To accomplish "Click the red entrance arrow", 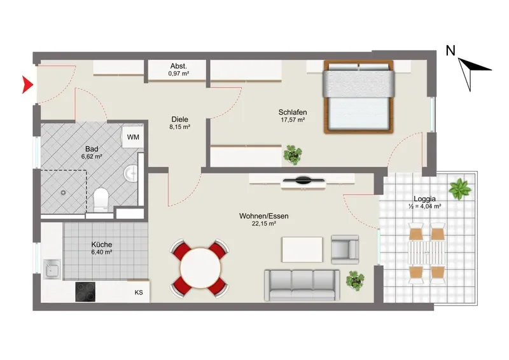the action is pos(27,85).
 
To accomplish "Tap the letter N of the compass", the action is pos(450,51).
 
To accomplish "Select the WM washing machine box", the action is pos(133,137).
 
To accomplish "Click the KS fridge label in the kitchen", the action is pos(139,293).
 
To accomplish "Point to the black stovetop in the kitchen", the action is pos(85,291).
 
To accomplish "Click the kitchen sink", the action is pos(52,270).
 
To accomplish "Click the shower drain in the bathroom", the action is pos(63,193).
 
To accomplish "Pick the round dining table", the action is pos(200,268).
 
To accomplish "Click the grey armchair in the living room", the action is pos(345,249).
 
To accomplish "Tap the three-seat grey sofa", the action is pos(302,285).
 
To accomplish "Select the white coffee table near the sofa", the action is pos(302,249).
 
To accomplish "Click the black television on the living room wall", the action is pos(303,180).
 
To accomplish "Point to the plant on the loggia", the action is pos(460,188).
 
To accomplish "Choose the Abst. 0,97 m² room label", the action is pos(179,69).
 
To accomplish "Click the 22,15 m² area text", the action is pos(263,223).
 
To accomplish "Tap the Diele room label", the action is pos(180,119).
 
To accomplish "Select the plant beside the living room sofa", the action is pos(355,280).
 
